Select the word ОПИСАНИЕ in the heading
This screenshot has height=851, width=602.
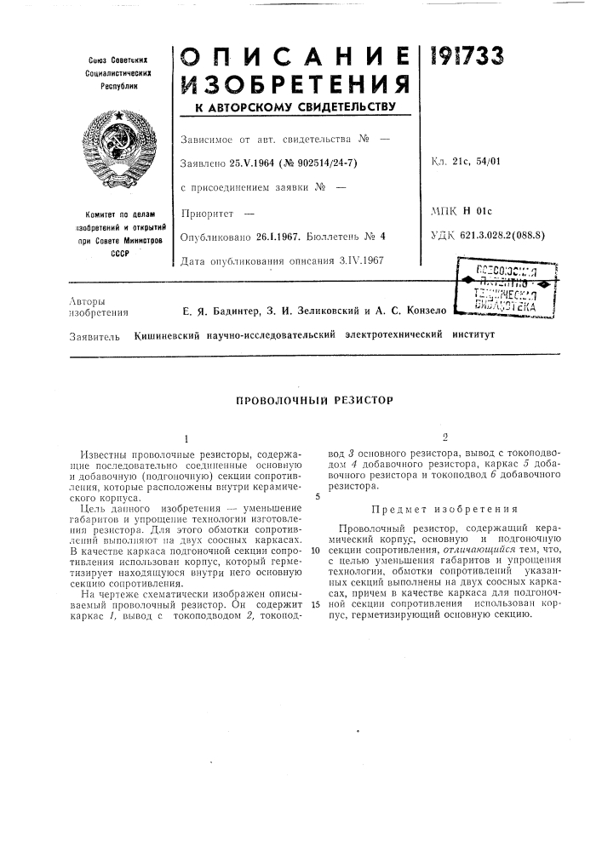[x=295, y=56]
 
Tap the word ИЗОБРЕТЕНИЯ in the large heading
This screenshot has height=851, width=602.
[x=295, y=85]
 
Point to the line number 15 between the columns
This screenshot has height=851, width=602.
[x=316, y=604]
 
